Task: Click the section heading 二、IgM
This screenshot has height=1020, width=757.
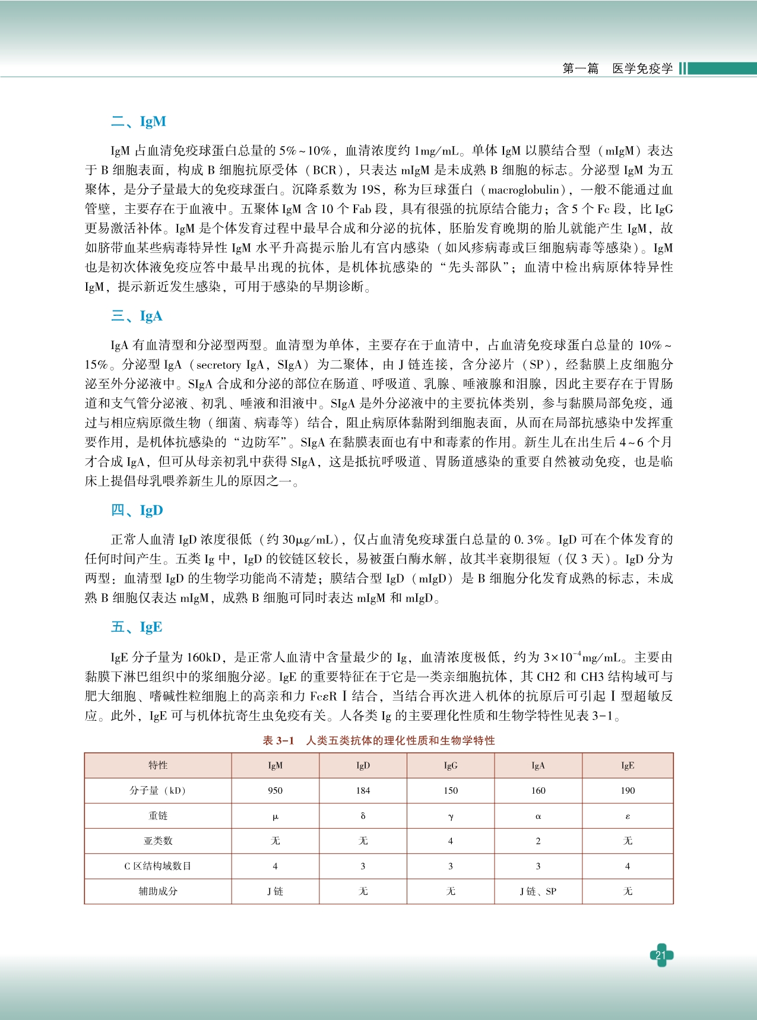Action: coord(138,122)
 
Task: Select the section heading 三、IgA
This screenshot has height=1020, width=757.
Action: coord(137,316)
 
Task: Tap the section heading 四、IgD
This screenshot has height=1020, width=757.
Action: coord(137,511)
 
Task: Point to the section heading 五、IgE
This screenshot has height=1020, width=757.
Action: coord(137,628)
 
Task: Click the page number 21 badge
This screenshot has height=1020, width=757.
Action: coord(661,955)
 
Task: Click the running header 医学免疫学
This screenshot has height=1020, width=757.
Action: coord(642,69)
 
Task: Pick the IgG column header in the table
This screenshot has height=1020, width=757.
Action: coord(451,765)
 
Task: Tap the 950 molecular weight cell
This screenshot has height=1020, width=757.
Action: coord(275,791)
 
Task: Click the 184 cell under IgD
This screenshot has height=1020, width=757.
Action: coord(363,791)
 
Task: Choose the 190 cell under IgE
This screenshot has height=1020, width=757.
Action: coord(628,791)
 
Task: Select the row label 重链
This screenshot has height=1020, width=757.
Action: coord(158,816)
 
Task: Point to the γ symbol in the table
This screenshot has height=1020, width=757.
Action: coord(451,816)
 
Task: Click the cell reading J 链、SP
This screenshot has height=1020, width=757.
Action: coord(538,891)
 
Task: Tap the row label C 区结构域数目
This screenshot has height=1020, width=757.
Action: coord(158,866)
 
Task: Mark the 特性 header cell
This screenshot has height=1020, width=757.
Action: coord(158,765)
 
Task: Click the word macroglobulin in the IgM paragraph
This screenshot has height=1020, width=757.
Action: coord(524,190)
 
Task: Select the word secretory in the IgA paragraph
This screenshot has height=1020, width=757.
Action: coord(218,365)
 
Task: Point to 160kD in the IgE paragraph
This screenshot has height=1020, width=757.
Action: coord(204,657)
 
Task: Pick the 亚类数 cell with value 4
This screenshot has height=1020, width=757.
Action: coord(451,841)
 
